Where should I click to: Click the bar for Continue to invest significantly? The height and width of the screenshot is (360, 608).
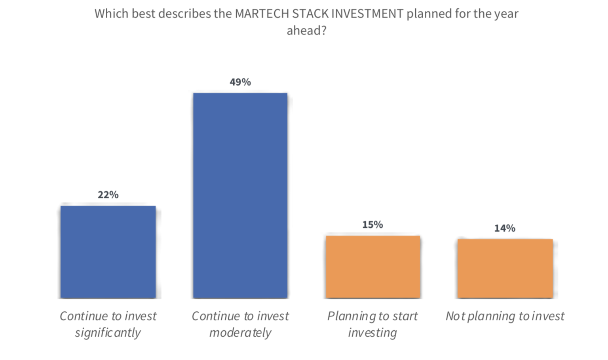(108, 252)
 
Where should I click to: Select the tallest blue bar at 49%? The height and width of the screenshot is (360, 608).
(240, 195)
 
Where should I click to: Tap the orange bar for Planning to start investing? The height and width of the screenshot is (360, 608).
(373, 267)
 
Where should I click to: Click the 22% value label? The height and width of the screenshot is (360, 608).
(108, 195)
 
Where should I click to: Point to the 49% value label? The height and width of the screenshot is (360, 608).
(240, 82)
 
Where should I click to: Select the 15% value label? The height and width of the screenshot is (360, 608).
(372, 225)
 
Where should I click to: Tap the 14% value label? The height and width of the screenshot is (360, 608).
(505, 228)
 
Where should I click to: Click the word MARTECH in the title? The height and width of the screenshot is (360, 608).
(262, 14)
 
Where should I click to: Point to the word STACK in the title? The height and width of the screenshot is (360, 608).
(310, 14)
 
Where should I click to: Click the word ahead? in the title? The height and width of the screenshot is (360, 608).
(306, 30)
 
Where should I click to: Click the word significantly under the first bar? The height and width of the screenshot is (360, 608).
(108, 333)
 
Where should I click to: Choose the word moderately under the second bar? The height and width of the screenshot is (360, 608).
(240, 333)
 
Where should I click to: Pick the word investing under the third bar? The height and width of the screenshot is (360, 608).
(372, 333)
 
